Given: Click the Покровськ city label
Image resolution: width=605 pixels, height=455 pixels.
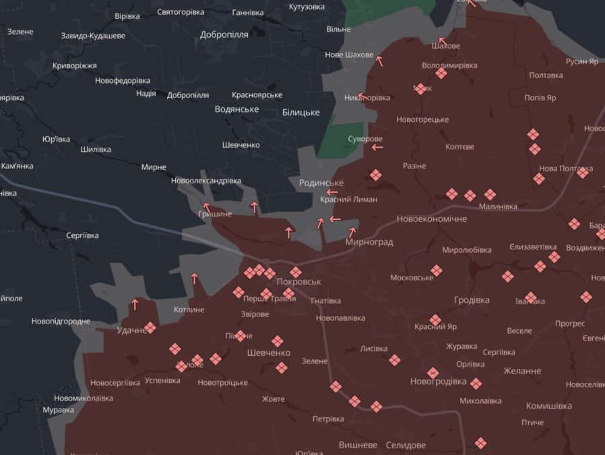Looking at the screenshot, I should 299,282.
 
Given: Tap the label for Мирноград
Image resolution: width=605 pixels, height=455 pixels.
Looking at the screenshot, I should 369,242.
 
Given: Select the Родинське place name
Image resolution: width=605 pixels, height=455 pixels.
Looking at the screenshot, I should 321,183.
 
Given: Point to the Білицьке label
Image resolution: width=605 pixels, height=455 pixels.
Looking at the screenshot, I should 300,113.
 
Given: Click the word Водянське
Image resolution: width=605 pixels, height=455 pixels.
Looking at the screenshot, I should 236,109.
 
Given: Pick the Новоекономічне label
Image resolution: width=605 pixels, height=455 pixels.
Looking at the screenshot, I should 431,219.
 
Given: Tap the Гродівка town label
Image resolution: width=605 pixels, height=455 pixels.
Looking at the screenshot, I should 472,300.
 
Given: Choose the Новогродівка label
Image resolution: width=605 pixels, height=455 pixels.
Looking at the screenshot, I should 438,382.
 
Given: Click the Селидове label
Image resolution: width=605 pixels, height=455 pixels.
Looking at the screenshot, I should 406,446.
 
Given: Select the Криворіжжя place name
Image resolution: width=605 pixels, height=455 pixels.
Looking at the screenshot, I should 75,66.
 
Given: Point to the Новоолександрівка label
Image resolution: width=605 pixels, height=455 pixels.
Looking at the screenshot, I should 205,181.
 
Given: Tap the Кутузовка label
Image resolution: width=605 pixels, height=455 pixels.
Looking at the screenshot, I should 307,7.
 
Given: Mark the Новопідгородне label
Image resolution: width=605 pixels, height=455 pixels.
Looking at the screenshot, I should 61,322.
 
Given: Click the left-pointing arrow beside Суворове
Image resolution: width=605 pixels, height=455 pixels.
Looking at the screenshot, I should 377,146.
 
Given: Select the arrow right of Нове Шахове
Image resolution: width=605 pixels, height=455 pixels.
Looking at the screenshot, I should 379,61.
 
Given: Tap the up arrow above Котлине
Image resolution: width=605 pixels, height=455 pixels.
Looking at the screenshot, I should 194,278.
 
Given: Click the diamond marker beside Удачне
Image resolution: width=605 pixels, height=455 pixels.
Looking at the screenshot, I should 150,328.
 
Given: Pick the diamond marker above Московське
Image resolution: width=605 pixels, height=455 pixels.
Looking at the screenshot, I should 437,270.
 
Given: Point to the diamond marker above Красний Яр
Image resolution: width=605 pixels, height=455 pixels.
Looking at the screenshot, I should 435,320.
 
